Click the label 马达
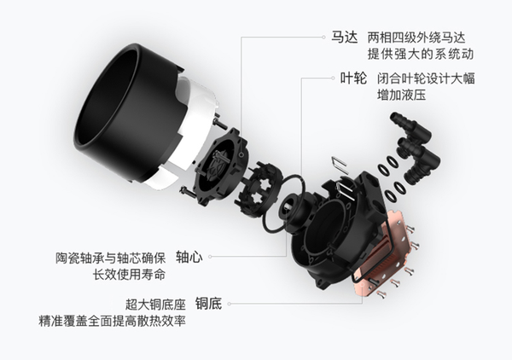343,38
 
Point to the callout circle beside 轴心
209,256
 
